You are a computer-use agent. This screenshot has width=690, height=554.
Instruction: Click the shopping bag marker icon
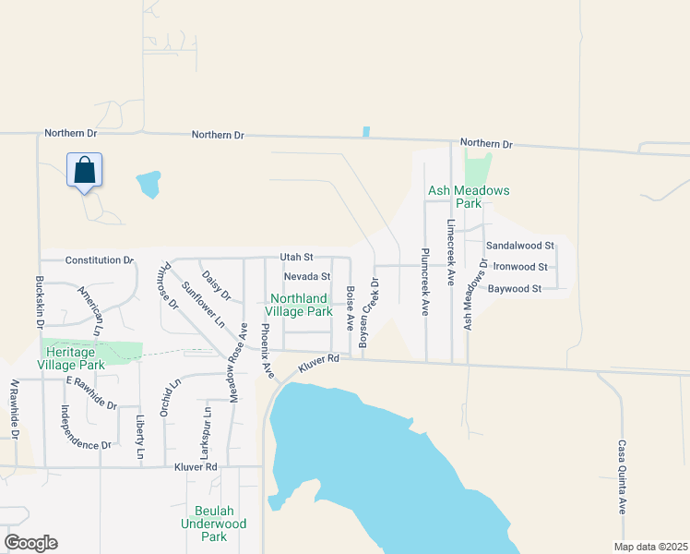coord(84,171)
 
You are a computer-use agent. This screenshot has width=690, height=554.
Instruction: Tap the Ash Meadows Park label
coord(468,197)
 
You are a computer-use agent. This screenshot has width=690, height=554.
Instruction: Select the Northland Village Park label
coord(301,305)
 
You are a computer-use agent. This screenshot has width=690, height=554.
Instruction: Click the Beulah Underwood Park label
coord(215,524)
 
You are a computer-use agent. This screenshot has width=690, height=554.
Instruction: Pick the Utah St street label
coord(298,257)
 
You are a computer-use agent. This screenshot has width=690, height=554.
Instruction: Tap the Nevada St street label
coord(306,276)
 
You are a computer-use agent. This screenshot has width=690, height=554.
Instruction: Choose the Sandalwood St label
coord(519,246)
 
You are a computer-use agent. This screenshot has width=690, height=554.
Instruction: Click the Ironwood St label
coord(520,267)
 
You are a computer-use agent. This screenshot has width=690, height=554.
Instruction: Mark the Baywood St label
coord(514,289)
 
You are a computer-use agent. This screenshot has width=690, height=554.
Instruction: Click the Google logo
coord(30,543)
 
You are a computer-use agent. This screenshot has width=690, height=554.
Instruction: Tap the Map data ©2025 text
coord(649,547)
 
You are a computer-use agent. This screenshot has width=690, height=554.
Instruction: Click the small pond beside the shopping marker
coord(148,184)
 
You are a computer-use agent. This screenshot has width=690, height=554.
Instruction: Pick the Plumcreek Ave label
coord(425,282)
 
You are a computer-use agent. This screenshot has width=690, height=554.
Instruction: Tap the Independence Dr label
coord(86,428)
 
